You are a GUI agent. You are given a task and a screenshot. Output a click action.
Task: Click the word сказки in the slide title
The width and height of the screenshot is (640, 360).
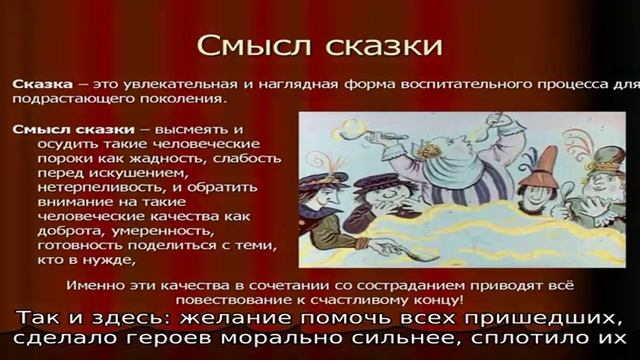tap(374, 47)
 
